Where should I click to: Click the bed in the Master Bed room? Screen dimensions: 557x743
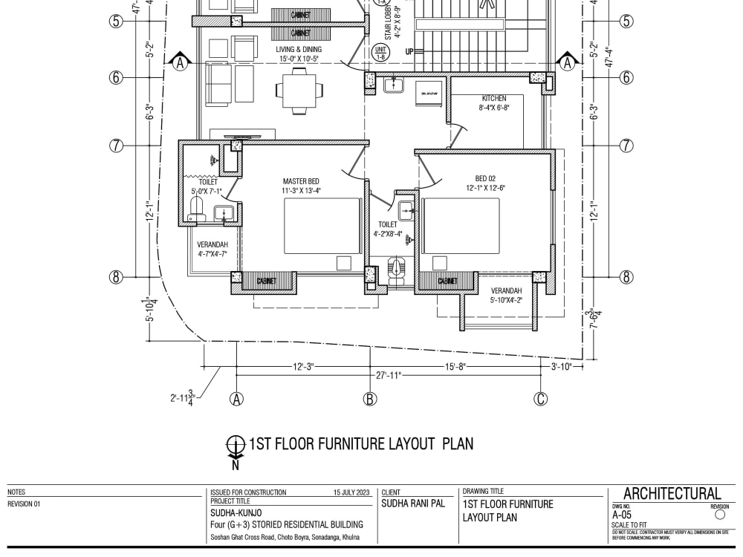(x=313, y=226)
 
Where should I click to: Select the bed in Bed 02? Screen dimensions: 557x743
(x=461, y=226)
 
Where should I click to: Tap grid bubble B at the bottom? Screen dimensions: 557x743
(x=370, y=399)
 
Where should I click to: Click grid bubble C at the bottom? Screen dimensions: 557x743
(x=541, y=399)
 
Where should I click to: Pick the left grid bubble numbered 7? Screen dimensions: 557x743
(x=116, y=146)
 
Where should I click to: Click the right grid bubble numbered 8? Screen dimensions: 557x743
(x=626, y=277)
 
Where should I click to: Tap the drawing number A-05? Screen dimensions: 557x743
(x=622, y=514)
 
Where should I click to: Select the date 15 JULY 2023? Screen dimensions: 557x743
(x=351, y=492)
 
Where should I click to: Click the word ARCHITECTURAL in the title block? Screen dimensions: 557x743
(x=672, y=494)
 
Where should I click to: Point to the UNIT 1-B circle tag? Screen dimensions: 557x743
(x=380, y=52)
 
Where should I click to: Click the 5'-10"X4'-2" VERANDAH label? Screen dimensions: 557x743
(x=506, y=296)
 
